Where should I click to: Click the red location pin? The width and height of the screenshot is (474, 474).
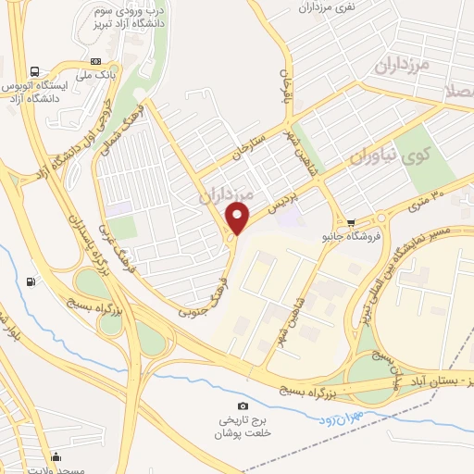[x=238, y=219]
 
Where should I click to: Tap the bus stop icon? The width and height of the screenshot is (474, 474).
[x=35, y=71]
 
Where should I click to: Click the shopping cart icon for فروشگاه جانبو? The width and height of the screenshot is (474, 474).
[x=351, y=222]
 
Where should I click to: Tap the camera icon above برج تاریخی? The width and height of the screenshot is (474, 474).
[x=243, y=406]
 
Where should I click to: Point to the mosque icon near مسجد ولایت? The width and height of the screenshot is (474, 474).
[x=56, y=455]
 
